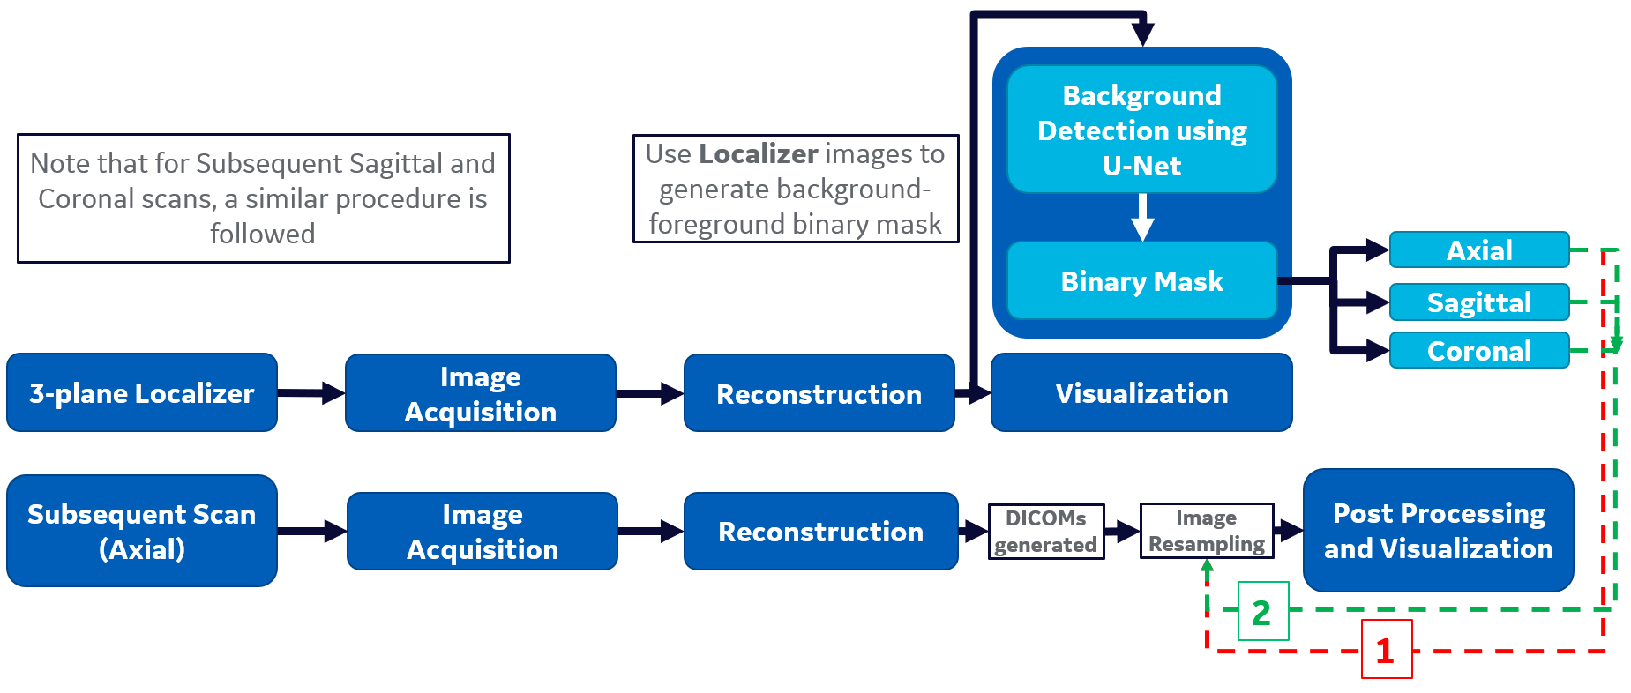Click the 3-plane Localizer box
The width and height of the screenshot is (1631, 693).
(141, 393)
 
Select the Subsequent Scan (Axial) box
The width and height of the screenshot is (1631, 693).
(141, 531)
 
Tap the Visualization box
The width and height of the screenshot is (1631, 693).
(1141, 393)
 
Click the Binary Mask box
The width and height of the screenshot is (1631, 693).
(1141, 281)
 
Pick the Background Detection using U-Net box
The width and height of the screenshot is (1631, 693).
(1141, 130)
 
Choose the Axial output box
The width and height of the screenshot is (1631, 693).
(1479, 250)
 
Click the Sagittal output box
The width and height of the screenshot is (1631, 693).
(1479, 302)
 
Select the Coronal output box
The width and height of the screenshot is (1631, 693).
(1479, 351)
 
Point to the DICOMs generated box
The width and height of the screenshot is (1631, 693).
(1045, 531)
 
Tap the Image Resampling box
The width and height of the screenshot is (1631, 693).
(1206, 531)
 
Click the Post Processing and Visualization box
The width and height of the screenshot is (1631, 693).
(1438, 531)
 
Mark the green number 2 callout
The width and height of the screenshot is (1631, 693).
(1262, 612)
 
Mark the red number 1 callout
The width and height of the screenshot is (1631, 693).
(1386, 651)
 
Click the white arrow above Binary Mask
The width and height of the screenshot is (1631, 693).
(1142, 217)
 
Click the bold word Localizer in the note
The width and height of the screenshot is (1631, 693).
(759, 154)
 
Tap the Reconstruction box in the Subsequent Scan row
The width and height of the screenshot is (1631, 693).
(820, 531)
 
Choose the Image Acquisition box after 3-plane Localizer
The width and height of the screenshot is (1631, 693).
(480, 393)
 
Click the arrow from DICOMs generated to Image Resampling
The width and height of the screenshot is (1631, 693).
(1122, 531)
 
